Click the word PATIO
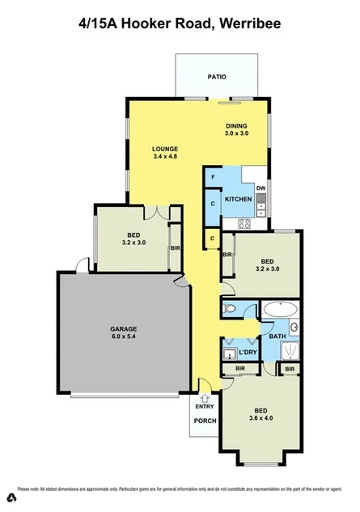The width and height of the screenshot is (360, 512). (x=216, y=77)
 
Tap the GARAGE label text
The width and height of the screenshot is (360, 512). (x=124, y=328)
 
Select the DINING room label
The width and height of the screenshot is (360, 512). (x=236, y=125)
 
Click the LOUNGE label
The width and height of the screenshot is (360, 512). (x=164, y=148)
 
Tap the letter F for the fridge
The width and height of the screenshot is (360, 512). (x=213, y=177)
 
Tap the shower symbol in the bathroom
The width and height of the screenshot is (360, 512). (x=289, y=349)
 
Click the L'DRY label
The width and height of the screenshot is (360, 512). (x=247, y=353)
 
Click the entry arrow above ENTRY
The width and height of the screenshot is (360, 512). (x=204, y=397)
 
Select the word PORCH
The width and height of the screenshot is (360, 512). (x=204, y=420)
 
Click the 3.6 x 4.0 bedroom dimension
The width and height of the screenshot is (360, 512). (x=260, y=419)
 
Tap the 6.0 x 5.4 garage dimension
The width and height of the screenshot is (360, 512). (x=124, y=337)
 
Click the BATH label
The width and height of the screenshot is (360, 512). (x=277, y=336)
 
